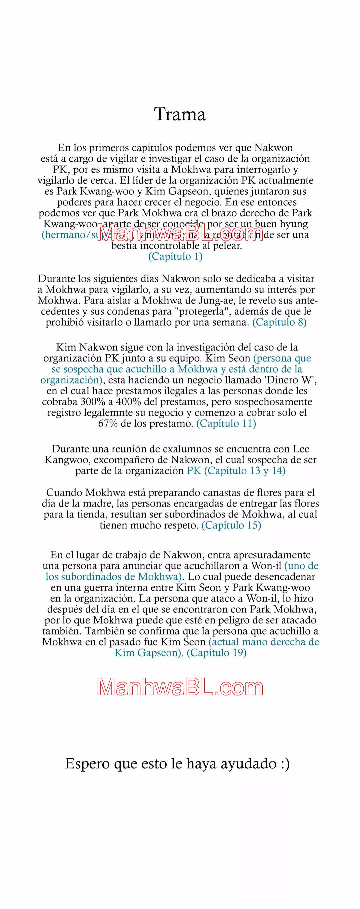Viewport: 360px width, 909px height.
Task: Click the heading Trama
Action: point(180,115)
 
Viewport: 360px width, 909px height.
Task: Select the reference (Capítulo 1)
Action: point(175,257)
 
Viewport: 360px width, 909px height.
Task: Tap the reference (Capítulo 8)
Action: point(279,322)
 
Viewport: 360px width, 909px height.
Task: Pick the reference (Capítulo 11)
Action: point(226,424)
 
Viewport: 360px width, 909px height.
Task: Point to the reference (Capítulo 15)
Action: point(231,525)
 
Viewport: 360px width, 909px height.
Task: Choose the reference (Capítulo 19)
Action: point(216,653)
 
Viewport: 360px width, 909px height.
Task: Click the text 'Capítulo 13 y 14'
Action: point(245,471)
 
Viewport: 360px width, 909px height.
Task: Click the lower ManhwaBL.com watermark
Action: point(180,688)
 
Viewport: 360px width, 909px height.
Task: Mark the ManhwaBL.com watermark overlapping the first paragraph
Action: point(180,233)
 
